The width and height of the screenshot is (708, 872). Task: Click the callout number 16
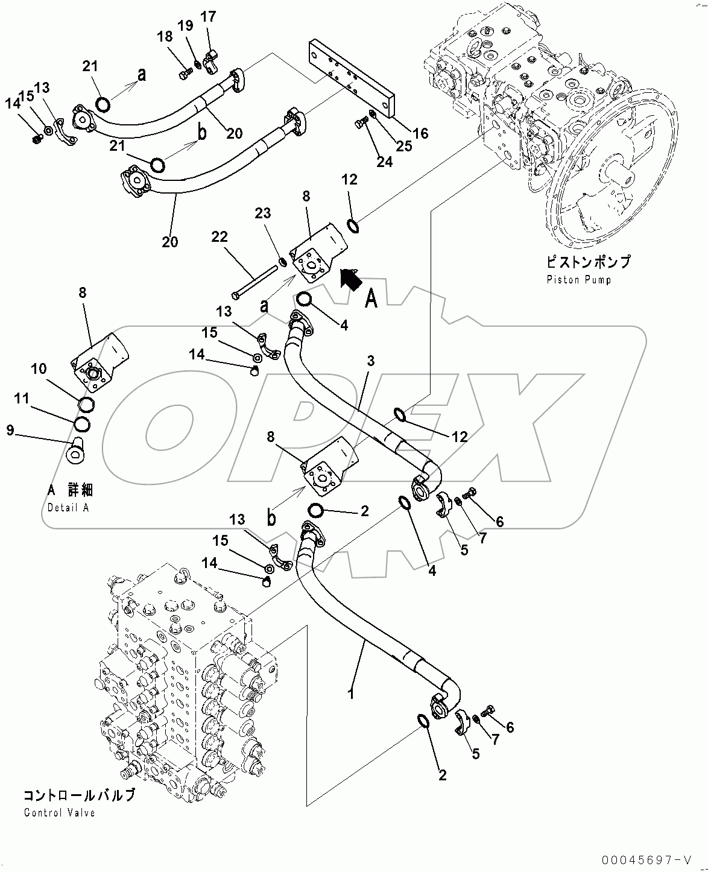pyautogui.click(x=420, y=133)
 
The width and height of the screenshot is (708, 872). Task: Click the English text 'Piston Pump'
pyautogui.click(x=578, y=280)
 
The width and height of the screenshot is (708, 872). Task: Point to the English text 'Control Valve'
pyautogui.click(x=60, y=812)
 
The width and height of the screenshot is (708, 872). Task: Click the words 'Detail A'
pyautogui.click(x=68, y=507)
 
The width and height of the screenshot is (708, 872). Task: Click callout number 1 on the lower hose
pyautogui.click(x=350, y=693)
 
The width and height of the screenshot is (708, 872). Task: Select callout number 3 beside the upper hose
pyautogui.click(x=370, y=361)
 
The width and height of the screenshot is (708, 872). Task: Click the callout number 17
pyautogui.click(x=208, y=16)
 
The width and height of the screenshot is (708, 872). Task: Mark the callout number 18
pyautogui.click(x=165, y=37)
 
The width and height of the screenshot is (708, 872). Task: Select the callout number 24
pyautogui.click(x=384, y=162)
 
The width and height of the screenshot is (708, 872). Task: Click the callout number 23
pyautogui.click(x=262, y=213)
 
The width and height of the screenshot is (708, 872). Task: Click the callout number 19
pyautogui.click(x=185, y=25)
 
